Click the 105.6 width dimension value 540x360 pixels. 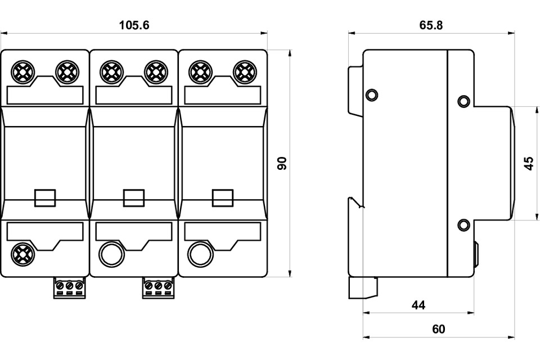[x=134, y=25]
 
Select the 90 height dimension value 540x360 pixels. [x=282, y=163]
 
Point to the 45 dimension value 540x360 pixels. [x=529, y=163]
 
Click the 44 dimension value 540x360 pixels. [x=418, y=305]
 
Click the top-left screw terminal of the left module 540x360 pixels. [x=23, y=71]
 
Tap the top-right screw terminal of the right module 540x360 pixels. [x=245, y=71]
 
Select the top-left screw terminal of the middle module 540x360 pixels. [x=111, y=71]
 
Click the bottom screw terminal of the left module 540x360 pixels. [x=23, y=254]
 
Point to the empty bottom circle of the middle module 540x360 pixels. [x=111, y=254]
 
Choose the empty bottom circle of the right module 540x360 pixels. [x=200, y=254]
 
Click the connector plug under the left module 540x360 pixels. [x=70, y=287]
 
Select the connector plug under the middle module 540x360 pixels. [x=158, y=287]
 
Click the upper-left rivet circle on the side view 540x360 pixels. [x=371, y=94]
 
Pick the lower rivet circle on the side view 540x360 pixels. [x=463, y=226]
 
